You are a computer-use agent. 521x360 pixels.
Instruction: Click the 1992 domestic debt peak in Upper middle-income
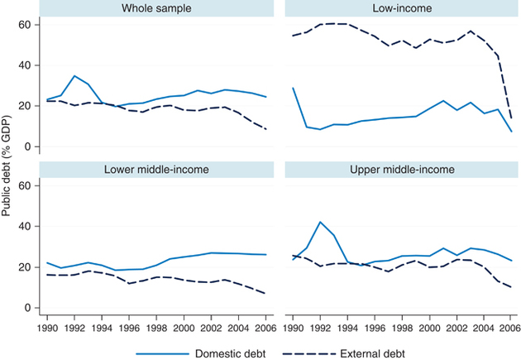tap(319, 222)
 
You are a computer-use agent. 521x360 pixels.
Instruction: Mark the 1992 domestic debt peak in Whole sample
tap(75, 76)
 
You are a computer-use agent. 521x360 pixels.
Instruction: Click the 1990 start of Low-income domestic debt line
tap(293, 88)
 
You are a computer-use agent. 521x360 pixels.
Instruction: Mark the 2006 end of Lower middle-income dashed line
tap(265, 294)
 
